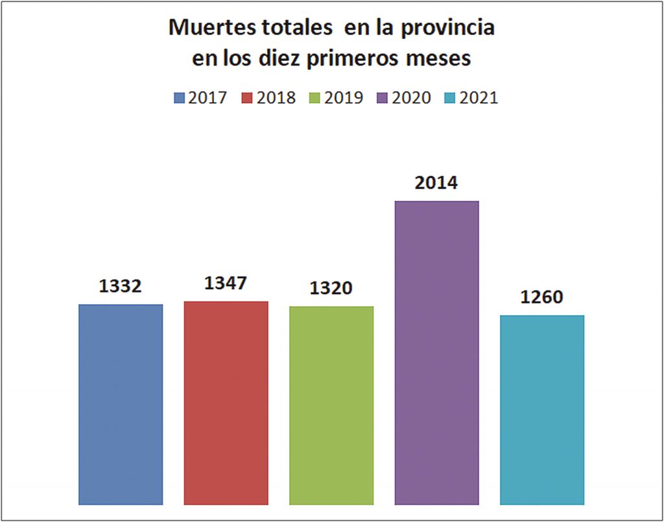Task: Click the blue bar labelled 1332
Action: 121,404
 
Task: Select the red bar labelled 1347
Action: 226,403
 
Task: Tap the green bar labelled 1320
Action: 331,405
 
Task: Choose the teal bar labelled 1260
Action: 542,409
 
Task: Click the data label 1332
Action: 121,286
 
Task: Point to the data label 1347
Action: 226,283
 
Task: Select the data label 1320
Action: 331,288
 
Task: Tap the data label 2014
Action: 436,183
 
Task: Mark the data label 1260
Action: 542,297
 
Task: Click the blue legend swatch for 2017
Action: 180,99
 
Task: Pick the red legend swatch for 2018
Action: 247,99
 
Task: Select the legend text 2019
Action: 344,98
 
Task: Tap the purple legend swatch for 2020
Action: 383,99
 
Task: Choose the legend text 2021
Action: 479,98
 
